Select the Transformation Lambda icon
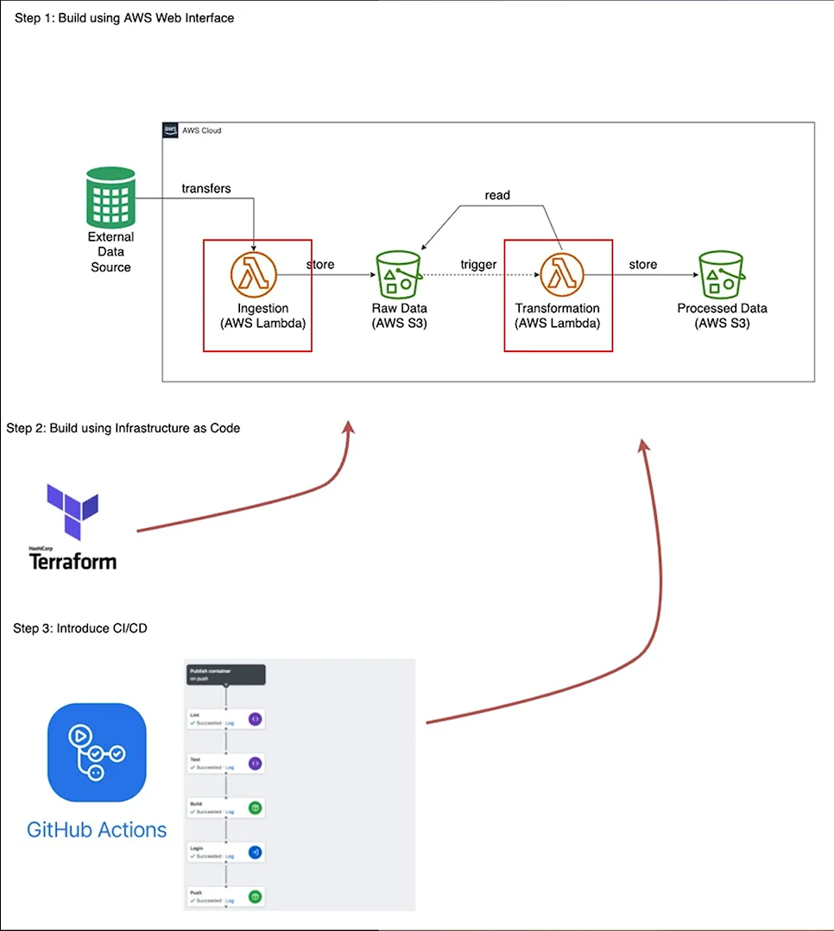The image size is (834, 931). [561, 275]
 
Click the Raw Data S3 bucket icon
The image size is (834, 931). [399, 275]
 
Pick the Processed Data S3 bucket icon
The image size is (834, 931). [721, 275]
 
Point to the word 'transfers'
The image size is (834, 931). [205, 188]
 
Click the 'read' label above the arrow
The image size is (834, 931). [497, 195]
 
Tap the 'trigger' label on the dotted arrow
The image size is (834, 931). [478, 264]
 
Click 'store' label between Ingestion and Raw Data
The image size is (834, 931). [320, 264]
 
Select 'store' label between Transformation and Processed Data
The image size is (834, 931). [642, 264]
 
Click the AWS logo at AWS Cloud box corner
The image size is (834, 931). [170, 130]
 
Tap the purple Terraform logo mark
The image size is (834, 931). [73, 513]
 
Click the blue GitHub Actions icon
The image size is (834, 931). [97, 752]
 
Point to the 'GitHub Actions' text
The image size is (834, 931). [97, 830]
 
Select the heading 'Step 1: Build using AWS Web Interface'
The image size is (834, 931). [124, 17]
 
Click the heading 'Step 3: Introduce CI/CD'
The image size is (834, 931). [80, 628]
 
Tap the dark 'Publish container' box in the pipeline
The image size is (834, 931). [225, 675]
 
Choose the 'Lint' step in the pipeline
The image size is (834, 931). [225, 719]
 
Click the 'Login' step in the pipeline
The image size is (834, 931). [225, 852]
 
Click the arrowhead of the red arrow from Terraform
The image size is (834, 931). [349, 427]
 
